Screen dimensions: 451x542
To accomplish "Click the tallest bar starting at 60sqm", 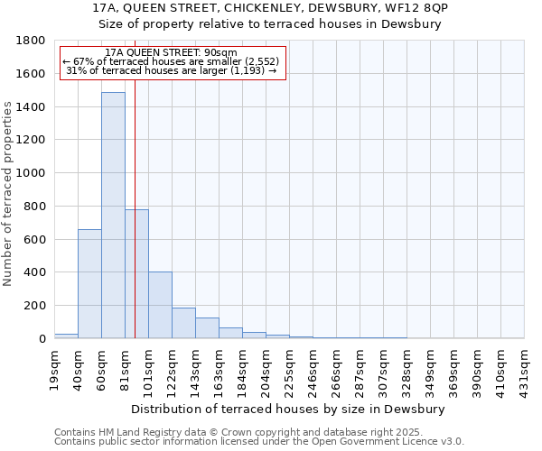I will point(113,216).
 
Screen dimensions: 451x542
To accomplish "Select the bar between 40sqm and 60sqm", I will point(89,284).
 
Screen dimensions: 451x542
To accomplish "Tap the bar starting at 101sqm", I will point(160,305).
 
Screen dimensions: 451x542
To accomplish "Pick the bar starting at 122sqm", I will point(183,323).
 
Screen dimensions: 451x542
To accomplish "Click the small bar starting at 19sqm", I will point(66,336).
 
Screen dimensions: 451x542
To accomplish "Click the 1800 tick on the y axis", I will point(32,41).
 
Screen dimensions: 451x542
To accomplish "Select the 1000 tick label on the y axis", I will point(32,173).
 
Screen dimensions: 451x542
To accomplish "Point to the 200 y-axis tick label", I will point(35,306).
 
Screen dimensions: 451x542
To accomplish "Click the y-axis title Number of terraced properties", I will point(9,194).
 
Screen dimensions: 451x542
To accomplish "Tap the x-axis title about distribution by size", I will point(289,409).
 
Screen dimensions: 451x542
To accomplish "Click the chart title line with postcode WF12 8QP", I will point(271,8).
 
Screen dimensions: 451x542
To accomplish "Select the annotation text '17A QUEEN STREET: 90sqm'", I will point(171,53).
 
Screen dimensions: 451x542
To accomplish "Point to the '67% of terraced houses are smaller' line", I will point(172,61).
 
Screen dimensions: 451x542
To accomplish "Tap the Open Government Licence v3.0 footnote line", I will point(258,442).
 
